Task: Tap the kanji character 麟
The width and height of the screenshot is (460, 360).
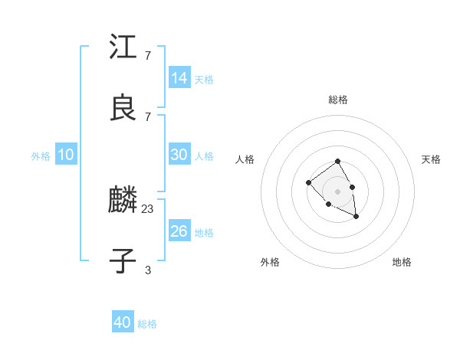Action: point(123,201)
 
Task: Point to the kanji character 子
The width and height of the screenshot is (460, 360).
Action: point(123,262)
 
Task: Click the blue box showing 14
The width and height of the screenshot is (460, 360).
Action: point(179,78)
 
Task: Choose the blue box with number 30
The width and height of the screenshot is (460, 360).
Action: point(179,155)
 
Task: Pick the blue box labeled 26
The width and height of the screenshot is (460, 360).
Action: point(179,231)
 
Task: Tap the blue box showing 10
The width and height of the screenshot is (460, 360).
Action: point(66,155)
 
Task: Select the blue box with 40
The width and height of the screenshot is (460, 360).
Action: point(123,322)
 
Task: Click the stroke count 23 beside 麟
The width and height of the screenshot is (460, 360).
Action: point(148,208)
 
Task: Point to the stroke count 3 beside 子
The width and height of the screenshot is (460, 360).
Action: point(148,270)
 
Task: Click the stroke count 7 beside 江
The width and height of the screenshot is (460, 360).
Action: point(148,55)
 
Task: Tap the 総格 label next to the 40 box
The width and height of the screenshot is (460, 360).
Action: point(147,324)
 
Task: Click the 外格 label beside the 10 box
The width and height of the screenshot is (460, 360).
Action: point(41,156)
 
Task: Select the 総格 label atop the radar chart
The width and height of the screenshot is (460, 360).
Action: point(338,100)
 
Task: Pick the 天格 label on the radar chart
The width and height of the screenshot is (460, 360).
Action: point(431,159)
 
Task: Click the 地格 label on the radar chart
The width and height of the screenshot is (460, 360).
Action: point(402,262)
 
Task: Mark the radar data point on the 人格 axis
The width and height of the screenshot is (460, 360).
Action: point(308,182)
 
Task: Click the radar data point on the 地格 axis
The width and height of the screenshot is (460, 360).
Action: point(356,217)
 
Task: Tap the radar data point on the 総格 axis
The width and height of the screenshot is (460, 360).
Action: point(338,162)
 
